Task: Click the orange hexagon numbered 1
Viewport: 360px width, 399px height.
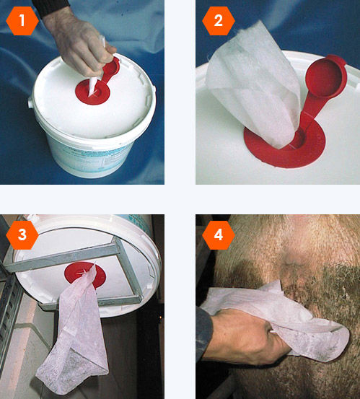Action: [22, 21]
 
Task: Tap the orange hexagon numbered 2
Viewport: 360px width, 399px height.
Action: [219, 21]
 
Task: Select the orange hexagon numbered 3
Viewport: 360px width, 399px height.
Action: [22, 234]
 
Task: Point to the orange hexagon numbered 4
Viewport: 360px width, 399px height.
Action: [219, 234]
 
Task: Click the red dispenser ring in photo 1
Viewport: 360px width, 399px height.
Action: [92, 92]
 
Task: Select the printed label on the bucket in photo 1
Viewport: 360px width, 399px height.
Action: [89, 159]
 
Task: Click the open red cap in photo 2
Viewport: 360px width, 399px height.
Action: [326, 76]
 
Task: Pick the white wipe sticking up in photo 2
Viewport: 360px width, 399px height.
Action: [255, 84]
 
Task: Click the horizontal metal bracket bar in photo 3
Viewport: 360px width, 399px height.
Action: [61, 258]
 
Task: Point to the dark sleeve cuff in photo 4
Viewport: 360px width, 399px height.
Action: [203, 333]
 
